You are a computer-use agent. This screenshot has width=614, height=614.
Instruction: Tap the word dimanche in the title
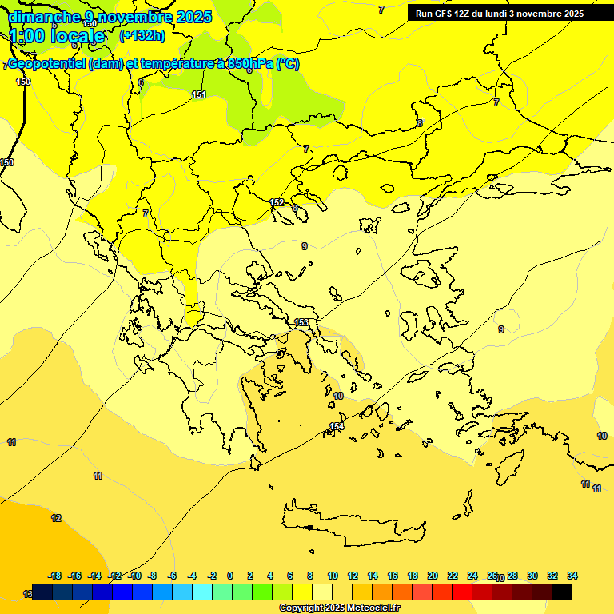click(x=44, y=17)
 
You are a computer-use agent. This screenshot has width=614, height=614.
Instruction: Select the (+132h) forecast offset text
click(x=142, y=35)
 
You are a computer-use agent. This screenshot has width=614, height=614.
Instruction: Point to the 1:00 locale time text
click(x=56, y=36)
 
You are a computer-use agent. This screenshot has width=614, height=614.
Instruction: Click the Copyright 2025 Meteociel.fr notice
click(x=339, y=608)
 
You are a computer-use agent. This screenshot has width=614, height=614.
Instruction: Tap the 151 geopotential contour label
click(x=199, y=95)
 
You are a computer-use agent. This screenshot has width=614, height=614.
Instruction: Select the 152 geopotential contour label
click(x=277, y=202)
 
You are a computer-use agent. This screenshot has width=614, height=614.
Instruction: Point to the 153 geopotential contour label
click(x=301, y=322)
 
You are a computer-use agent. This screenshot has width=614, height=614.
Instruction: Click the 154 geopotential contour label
click(x=337, y=427)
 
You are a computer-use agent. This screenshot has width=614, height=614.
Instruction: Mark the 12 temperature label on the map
click(x=56, y=518)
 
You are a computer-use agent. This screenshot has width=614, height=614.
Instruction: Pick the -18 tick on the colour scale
click(x=55, y=576)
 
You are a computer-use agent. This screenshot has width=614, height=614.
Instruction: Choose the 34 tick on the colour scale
click(x=572, y=576)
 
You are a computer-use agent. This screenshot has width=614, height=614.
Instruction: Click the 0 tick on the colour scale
click(x=230, y=576)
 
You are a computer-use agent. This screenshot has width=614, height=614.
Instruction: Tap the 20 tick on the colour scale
click(x=433, y=576)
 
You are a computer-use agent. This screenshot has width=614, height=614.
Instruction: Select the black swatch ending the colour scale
click(x=562, y=592)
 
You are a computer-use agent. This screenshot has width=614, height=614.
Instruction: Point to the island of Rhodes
click(x=508, y=468)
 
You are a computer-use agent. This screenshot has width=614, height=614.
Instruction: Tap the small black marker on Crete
click(x=309, y=528)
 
